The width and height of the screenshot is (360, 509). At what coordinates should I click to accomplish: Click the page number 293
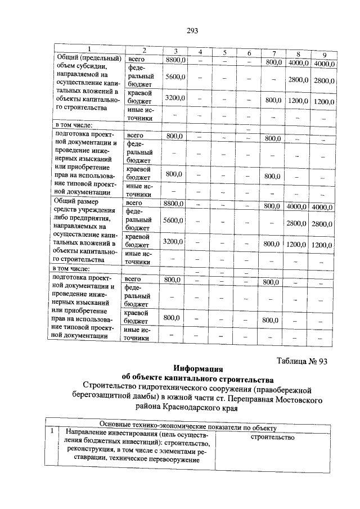192,30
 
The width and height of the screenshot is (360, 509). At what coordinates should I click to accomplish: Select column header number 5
224,52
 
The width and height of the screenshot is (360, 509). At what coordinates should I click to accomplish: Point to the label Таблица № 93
302,362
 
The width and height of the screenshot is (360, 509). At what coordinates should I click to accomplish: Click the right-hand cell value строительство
273,436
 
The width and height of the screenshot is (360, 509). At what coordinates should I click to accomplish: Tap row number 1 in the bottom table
52,432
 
